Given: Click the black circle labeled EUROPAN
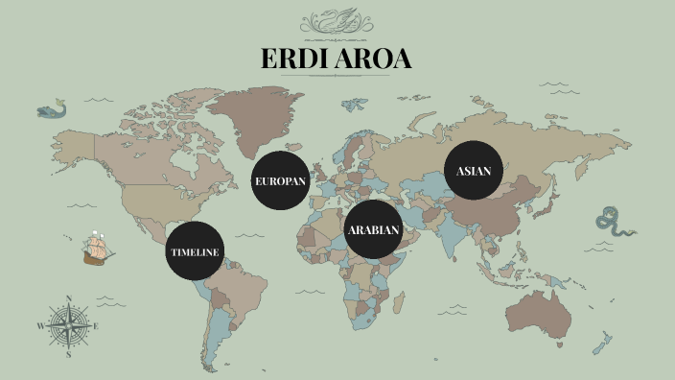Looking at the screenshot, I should (281, 180).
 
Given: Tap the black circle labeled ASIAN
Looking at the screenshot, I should (474, 171).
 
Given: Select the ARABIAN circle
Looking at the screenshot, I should (373, 230).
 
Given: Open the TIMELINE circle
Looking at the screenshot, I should (196, 251).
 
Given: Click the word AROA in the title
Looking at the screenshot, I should (377, 59).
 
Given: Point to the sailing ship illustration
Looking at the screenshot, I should (96, 249).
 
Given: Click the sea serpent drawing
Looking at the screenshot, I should (613, 222).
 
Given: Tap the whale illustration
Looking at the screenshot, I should (52, 110).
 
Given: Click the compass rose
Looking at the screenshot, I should (68, 325).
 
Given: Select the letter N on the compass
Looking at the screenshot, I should (68, 297).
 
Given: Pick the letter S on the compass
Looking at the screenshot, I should (68, 354).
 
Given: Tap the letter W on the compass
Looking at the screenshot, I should (40, 326).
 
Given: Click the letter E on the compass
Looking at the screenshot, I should (96, 326).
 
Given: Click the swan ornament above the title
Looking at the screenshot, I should (337, 21).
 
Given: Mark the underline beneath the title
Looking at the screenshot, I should (337, 76).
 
